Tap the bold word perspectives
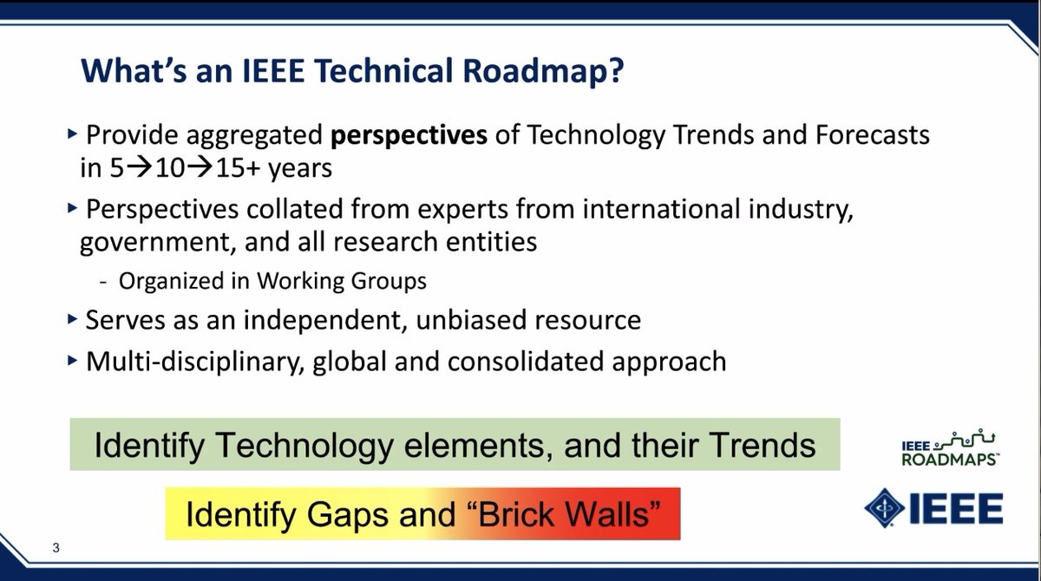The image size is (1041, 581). click(409, 135)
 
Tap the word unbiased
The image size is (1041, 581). click(474, 320)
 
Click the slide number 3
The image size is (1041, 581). click(55, 548)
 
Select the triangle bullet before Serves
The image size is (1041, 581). click(72, 319)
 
